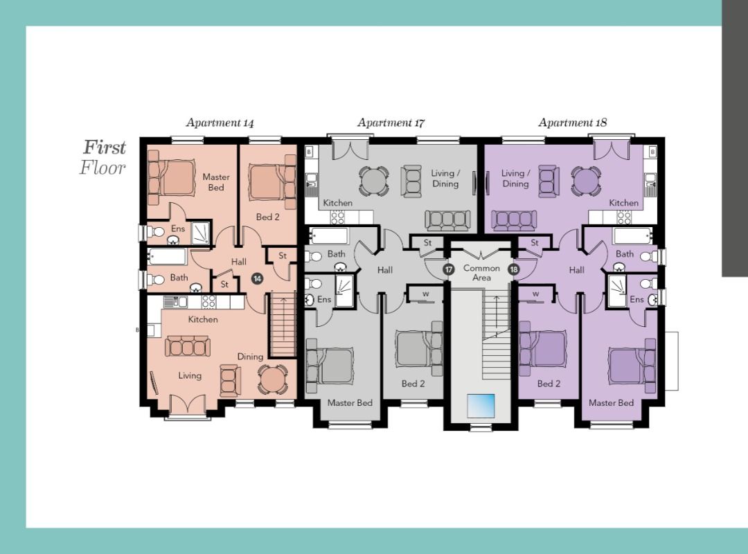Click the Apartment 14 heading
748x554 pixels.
point(220,123)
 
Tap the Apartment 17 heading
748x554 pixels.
point(391,123)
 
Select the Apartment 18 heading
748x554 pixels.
point(573,123)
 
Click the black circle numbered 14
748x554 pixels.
point(258,278)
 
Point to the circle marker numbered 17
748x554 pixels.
point(448,269)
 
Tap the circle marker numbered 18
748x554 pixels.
point(514,269)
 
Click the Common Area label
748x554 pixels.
point(481,272)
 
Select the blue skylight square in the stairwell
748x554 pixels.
point(481,406)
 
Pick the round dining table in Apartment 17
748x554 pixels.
point(373,180)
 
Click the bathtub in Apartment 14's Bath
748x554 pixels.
point(166,257)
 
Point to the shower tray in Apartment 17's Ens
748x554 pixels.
point(344,291)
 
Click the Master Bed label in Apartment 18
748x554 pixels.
point(611,403)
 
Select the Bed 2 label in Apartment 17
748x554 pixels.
point(413,384)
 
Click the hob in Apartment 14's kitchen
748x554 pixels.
point(208,301)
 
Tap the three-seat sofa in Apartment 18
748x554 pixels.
point(514,220)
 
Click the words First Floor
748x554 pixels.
point(103,157)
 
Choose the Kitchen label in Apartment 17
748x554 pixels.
point(338,203)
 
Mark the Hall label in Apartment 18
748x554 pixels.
point(576,270)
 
